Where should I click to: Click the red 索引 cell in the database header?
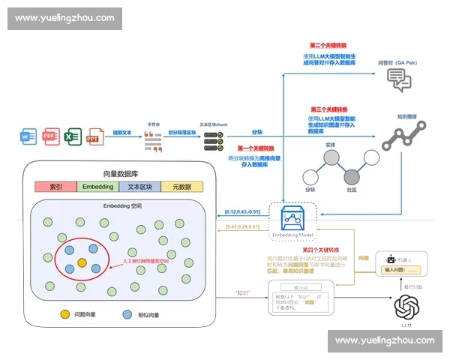tap(55, 186)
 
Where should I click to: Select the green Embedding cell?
tap(97, 186)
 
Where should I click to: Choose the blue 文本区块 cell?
tap(139, 186)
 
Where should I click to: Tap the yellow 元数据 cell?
tap(181, 186)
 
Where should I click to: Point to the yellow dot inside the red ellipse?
tap(82, 262)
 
